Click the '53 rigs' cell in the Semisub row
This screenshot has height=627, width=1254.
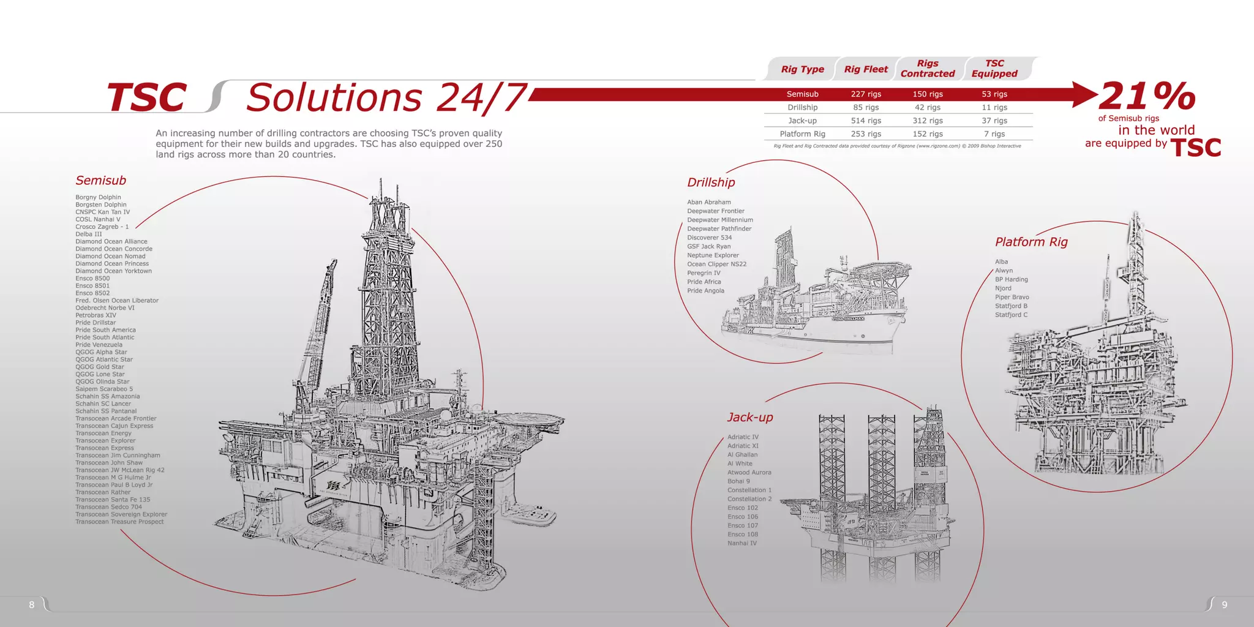point(994,94)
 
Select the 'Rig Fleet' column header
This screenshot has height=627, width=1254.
point(866,69)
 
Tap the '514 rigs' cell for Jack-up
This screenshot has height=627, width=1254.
point(866,121)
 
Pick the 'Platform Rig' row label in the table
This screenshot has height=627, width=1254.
point(802,134)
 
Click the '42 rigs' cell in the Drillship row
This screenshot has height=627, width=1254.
point(928,107)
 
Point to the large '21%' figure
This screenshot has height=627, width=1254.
point(1147,96)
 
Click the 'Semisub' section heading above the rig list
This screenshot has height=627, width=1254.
point(101,181)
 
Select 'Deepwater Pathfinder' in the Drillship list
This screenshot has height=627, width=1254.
point(719,229)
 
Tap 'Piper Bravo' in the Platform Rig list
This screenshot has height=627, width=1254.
point(1012,297)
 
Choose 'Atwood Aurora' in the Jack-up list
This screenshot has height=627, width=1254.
point(749,473)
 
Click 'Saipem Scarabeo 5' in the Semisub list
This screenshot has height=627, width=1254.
point(104,389)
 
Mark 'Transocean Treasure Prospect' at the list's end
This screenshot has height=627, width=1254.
point(119,522)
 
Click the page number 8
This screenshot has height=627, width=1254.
point(32,605)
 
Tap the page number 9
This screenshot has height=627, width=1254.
point(1224,605)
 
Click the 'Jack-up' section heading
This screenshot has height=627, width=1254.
point(750,418)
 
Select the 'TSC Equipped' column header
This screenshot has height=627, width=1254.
point(994,69)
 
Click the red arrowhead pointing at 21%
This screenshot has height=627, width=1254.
point(1085,94)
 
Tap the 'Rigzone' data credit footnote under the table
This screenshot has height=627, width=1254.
point(897,146)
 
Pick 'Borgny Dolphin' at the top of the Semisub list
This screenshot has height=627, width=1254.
point(98,197)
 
